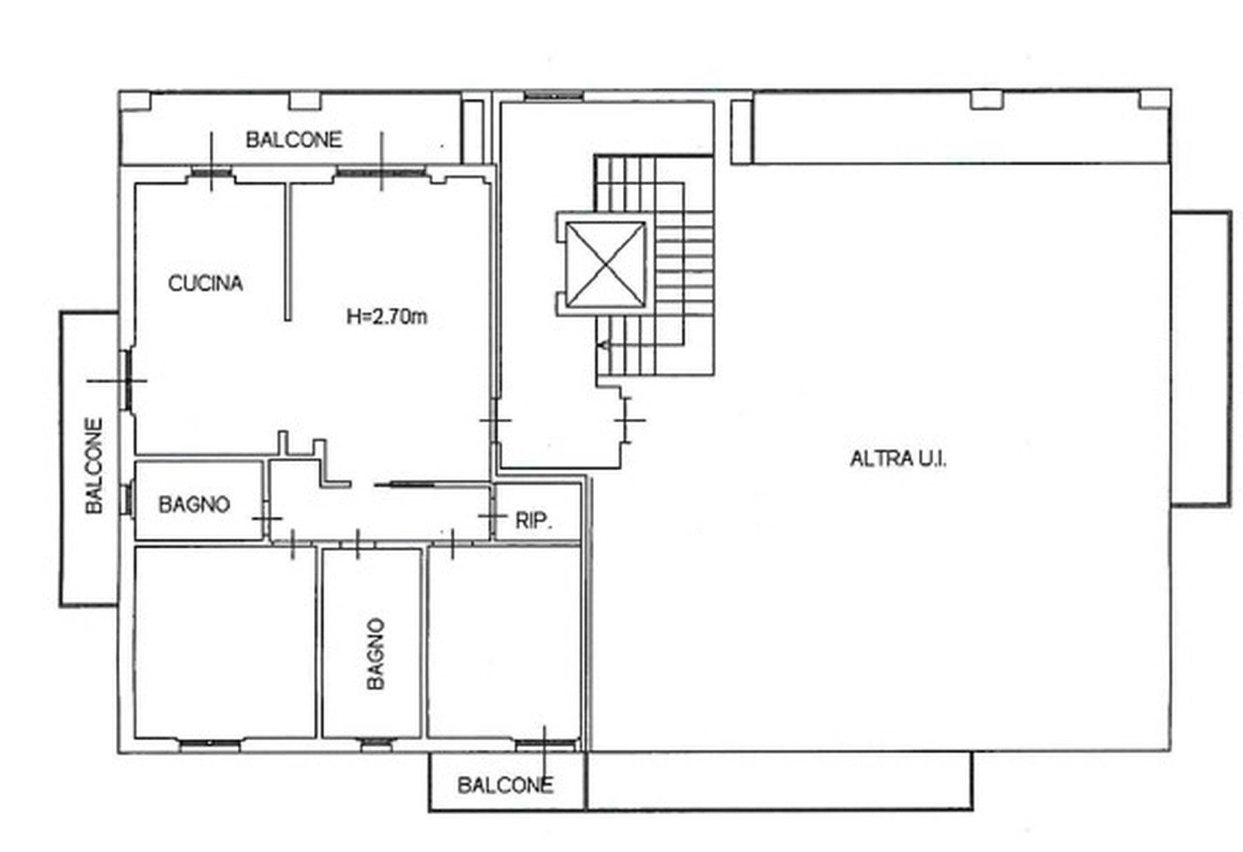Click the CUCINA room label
click(206, 283)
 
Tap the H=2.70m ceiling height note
click(387, 316)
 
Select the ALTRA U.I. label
click(898, 458)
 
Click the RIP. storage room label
click(534, 520)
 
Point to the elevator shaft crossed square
click(606, 264)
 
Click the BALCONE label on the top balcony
click(294, 139)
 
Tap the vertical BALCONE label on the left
click(94, 465)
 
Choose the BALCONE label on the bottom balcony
click(505, 785)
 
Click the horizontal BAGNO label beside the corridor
click(194, 504)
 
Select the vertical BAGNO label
click(376, 653)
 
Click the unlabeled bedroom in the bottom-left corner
click(225, 642)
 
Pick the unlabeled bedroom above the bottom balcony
click(504, 642)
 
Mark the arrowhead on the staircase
click(604, 345)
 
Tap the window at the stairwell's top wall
click(554, 96)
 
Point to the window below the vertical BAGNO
click(376, 743)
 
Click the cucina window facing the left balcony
click(127, 380)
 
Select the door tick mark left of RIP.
click(492, 516)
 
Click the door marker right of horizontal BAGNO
click(267, 518)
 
